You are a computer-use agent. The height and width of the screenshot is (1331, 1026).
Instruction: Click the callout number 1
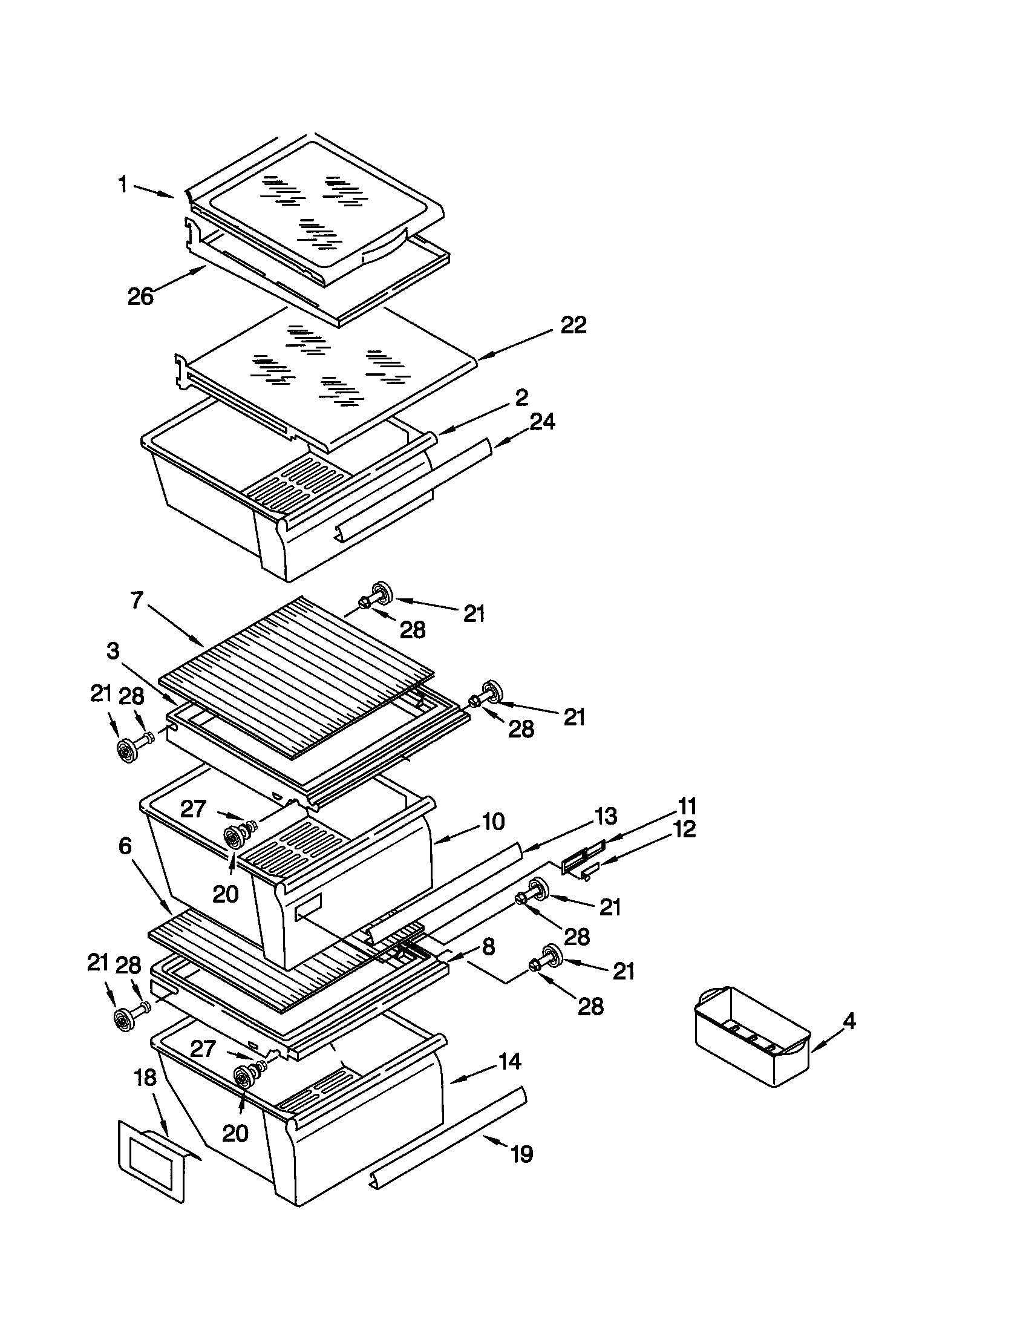(123, 184)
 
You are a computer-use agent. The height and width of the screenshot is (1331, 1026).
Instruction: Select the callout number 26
(140, 297)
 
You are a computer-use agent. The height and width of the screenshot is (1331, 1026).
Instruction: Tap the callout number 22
(573, 325)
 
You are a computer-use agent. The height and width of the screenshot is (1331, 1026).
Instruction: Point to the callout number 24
(542, 421)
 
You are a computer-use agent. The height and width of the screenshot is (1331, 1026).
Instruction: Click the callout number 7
(137, 600)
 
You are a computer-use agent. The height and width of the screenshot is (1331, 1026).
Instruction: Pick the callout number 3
(113, 652)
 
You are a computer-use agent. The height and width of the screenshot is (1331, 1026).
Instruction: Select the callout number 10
(493, 822)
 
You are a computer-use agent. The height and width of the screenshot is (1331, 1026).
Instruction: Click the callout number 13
(605, 816)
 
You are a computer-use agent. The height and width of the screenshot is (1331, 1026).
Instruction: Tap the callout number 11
(687, 806)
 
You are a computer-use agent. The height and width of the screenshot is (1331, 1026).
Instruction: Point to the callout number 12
(684, 829)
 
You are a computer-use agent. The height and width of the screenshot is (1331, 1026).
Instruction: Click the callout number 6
(125, 846)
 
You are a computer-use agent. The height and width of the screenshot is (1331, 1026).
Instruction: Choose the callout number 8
(488, 946)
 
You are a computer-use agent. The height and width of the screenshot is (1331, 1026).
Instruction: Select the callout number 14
(509, 1062)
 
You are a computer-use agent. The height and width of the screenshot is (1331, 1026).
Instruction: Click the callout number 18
(145, 1078)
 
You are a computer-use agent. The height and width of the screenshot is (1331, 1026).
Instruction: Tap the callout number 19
(521, 1154)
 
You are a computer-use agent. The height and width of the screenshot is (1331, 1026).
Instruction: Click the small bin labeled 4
(751, 1036)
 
